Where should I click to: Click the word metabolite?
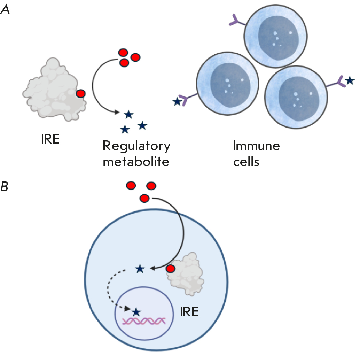click(136, 162)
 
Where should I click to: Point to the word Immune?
click(256, 146)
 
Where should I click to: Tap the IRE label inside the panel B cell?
click(189, 311)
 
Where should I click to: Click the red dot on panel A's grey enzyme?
click(80, 93)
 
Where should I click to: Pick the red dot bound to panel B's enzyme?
click(170, 269)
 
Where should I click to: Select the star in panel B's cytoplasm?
click(140, 269)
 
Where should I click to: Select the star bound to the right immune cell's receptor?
click(350, 81)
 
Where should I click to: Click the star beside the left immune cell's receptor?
click(177, 102)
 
